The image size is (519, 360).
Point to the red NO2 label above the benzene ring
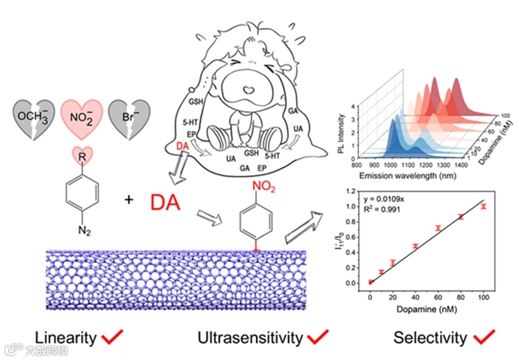click(x=264, y=188)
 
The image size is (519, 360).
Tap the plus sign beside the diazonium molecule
click(x=129, y=199)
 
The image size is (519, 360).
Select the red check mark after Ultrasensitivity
click(x=317, y=336)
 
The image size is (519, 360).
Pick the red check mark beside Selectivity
click(x=484, y=336)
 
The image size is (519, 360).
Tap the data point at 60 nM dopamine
click(x=438, y=228)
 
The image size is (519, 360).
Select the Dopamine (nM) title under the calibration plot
click(x=426, y=309)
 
